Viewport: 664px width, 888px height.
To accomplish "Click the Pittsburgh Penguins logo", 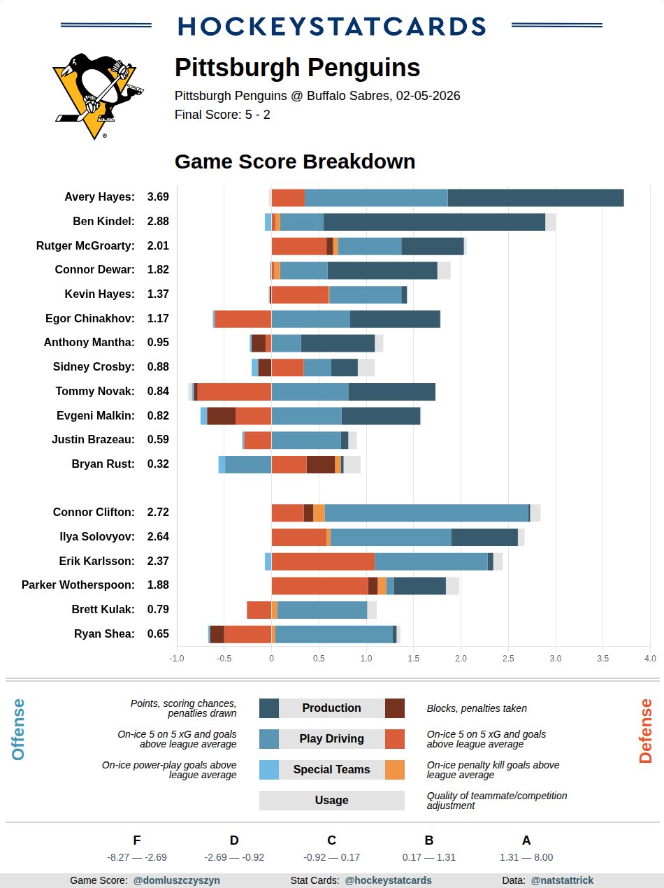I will click(96, 96).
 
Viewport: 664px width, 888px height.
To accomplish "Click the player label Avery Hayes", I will click(99, 197).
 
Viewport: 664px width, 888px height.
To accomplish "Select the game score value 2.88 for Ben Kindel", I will click(158, 222).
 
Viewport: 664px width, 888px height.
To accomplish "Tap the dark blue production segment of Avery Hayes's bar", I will click(535, 198).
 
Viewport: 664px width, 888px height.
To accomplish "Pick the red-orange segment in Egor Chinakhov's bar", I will click(243, 319).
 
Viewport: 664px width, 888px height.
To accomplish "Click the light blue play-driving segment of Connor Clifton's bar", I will click(426, 513).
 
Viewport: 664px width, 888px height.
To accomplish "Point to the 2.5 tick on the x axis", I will click(508, 658).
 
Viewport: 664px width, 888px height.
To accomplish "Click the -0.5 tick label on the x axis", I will click(224, 658).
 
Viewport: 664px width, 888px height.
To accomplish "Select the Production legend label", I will click(331, 708).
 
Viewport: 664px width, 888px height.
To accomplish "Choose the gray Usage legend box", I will click(331, 800).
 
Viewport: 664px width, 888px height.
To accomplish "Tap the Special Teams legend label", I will click(331, 769).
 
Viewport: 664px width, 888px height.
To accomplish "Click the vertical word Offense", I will click(18, 729).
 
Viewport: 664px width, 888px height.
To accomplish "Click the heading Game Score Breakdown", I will click(295, 162).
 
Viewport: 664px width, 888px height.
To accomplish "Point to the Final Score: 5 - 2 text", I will click(222, 115).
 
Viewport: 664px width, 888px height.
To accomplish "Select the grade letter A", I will click(526, 840).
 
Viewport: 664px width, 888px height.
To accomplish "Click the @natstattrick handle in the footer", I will click(562, 880).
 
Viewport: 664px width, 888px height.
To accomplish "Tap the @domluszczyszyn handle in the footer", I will click(176, 880).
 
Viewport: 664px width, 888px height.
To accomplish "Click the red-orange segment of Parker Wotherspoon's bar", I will click(319, 585).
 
